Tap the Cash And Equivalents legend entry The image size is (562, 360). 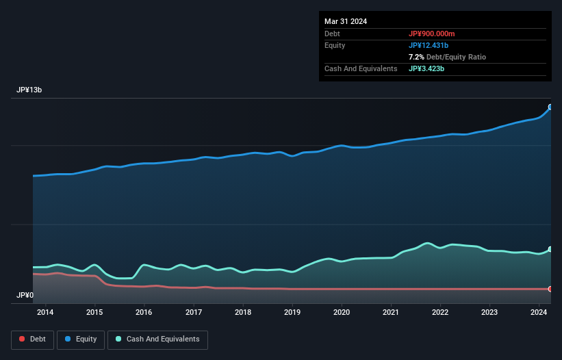click(157, 339)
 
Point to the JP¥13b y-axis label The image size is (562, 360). click(31, 90)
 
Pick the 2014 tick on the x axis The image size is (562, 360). click(45, 313)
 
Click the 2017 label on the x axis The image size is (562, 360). click(194, 313)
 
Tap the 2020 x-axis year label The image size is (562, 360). click(342, 313)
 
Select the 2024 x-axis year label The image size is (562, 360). click(539, 313)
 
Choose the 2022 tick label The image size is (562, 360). click(440, 313)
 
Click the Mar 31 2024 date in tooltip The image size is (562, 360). click(346, 21)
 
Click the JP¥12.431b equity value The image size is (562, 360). click(433, 45)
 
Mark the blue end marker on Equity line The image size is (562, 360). click(550, 107)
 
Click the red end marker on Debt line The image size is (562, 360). click(550, 289)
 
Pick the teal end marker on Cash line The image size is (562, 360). click(550, 249)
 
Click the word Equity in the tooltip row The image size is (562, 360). click(335, 45)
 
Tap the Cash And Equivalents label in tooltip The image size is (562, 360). click(361, 68)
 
